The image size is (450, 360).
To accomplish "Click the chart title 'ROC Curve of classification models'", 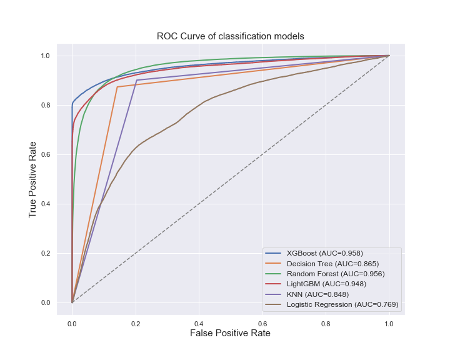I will (x=231, y=36).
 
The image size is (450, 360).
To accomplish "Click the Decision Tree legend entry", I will (x=333, y=264).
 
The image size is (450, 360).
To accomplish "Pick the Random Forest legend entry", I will (x=336, y=274).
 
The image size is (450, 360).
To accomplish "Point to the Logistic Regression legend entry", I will (x=342, y=304).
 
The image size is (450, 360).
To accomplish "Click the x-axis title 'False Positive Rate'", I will (x=231, y=334).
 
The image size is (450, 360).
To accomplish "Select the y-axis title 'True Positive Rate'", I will (x=33, y=179).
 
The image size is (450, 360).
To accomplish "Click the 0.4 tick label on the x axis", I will (x=199, y=324).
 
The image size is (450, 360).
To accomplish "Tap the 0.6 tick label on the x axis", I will (x=262, y=324).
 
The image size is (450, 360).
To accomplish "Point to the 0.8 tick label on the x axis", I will (x=326, y=324).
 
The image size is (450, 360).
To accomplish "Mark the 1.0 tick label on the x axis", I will (x=389, y=324).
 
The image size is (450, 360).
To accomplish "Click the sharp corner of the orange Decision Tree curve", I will (x=117, y=87).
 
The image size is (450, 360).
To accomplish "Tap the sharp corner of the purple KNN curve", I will (x=136, y=80).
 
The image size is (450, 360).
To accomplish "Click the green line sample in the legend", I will (x=274, y=274).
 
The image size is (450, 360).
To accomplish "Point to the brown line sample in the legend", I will (x=274, y=304).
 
